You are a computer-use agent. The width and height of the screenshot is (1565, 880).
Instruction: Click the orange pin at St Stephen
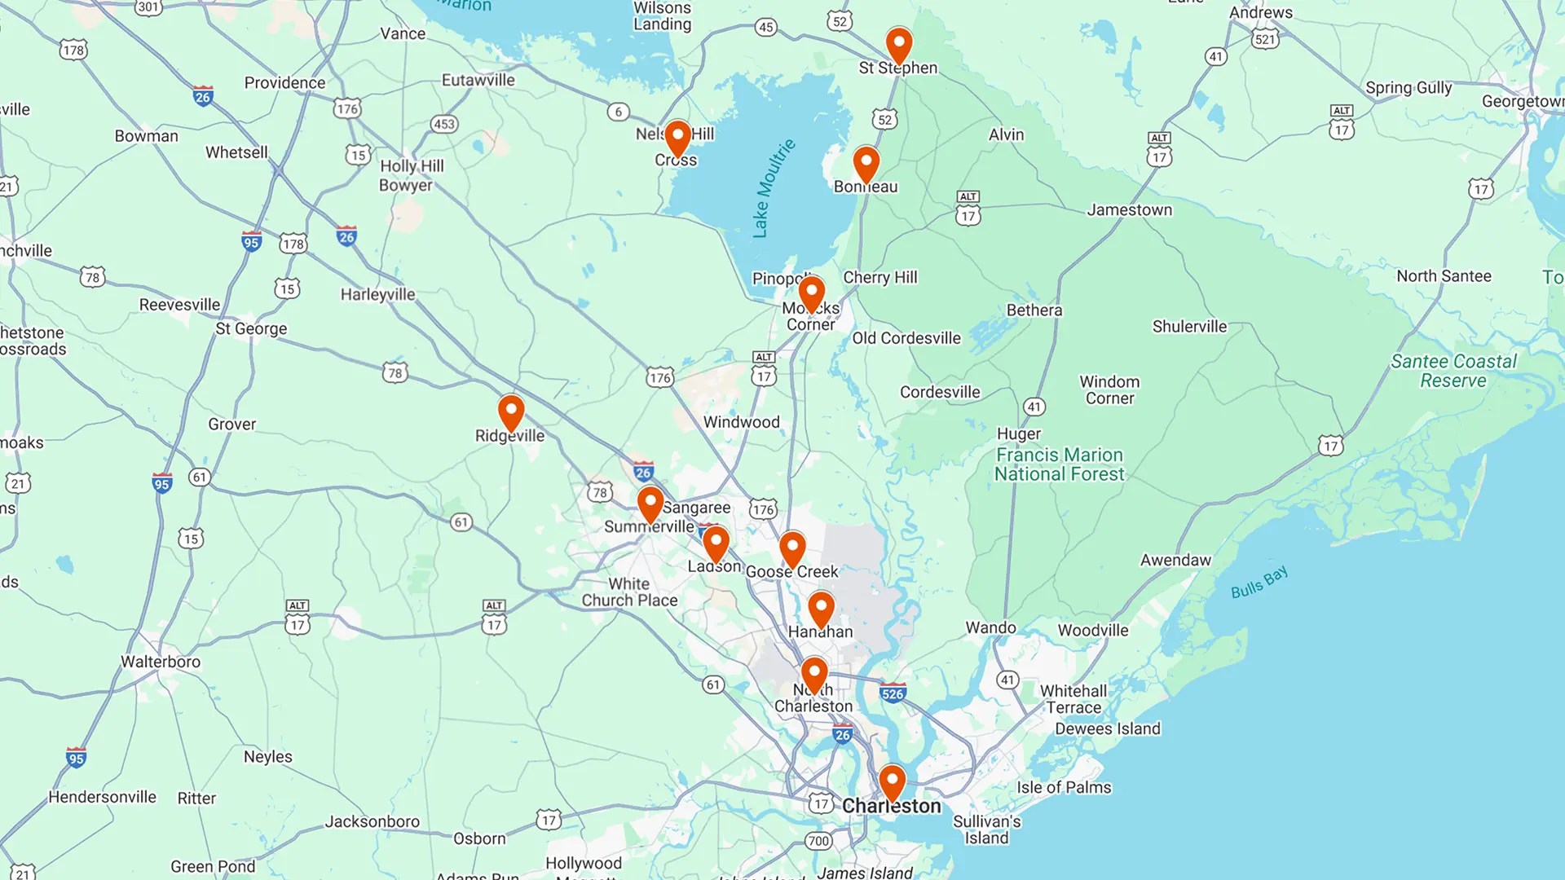pos(898,44)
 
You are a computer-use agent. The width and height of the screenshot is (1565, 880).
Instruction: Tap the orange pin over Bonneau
pos(866,163)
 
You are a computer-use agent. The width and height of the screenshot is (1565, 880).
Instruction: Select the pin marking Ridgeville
pos(511,411)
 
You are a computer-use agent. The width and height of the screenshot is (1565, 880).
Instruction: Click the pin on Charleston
pos(892,781)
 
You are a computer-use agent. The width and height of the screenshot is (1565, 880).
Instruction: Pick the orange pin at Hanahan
pos(821,608)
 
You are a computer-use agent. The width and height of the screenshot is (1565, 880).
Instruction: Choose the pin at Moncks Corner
pos(811,293)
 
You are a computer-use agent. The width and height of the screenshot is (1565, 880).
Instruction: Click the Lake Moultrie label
pos(773,188)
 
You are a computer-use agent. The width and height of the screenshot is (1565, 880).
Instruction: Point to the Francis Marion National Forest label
pos(1059,464)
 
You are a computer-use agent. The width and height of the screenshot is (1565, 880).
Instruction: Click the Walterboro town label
pos(161,662)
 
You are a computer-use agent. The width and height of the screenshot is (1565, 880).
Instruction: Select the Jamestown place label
pos(1129,209)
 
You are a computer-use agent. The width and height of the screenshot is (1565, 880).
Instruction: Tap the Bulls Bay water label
pos(1259,582)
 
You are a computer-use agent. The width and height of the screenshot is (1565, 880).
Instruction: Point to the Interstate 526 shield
pos(893,693)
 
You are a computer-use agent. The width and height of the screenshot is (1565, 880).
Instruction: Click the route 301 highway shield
pos(148,7)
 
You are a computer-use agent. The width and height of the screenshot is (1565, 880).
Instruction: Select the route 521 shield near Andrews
pos(1264,39)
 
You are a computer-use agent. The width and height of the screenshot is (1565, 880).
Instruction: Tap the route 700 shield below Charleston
pos(818,841)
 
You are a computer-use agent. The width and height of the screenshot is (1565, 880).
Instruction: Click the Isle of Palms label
pos(1063,787)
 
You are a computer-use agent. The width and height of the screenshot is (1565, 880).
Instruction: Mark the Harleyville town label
pos(377,294)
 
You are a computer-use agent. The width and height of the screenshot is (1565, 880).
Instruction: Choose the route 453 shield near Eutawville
pos(443,124)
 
